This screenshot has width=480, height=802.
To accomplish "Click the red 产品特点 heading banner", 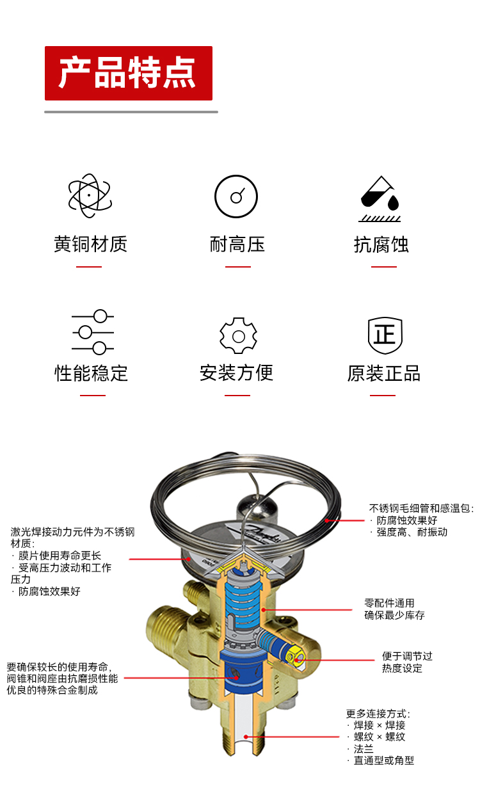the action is [x=129, y=73].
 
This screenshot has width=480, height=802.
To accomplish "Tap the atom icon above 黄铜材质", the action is [x=90, y=196].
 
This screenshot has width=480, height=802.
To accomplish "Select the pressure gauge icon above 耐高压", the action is [x=236, y=196].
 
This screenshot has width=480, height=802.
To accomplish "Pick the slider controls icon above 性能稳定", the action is [x=93, y=332].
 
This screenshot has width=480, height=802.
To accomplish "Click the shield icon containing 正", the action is [x=385, y=335].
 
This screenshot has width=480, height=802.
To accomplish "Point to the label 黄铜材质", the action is [x=90, y=244].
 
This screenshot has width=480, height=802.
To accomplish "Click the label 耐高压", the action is [x=237, y=244].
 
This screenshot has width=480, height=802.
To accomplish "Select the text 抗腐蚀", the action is [x=381, y=245].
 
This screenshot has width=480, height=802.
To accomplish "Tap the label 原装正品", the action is [x=384, y=373].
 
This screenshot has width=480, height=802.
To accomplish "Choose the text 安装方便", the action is [x=237, y=373].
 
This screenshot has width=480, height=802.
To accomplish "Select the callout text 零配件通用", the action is [x=390, y=603].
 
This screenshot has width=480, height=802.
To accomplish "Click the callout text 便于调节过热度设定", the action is [x=407, y=662].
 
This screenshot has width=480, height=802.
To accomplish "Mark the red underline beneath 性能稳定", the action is [x=93, y=396].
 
